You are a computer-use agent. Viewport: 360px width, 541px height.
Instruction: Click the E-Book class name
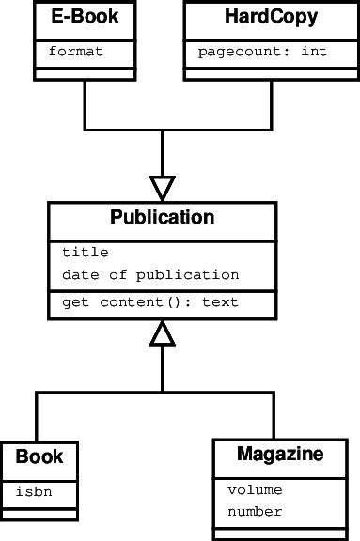click(85, 17)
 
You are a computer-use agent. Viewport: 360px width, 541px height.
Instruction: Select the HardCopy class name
click(272, 17)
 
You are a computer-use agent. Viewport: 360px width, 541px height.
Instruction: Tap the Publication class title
click(163, 218)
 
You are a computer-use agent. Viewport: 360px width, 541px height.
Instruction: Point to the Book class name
click(39, 457)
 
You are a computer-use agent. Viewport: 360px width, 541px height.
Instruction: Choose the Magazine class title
click(280, 455)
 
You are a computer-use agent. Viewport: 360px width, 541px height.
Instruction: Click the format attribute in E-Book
click(75, 51)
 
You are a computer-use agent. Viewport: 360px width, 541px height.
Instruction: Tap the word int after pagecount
click(314, 51)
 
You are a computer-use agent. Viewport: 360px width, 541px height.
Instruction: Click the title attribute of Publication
click(86, 252)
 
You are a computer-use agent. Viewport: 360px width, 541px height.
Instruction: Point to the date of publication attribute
click(150, 275)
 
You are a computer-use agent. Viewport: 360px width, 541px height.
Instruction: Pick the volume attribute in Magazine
click(255, 489)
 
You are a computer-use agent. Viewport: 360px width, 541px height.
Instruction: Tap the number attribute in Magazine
click(255, 512)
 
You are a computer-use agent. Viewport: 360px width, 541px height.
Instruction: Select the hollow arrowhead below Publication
click(163, 332)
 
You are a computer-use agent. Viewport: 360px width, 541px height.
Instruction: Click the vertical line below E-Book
click(85, 103)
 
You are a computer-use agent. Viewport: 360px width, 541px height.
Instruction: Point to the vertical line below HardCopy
click(272, 103)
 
